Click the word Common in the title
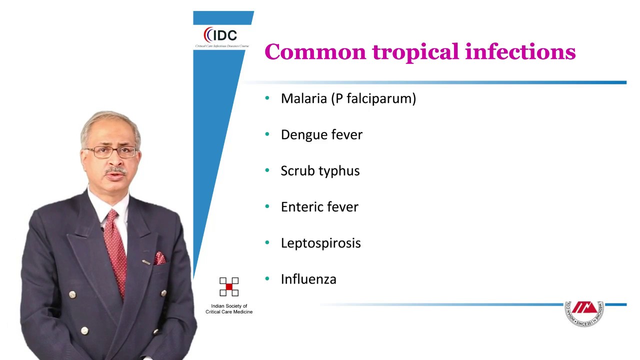[x=315, y=52]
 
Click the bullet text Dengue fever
[x=321, y=134]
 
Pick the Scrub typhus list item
[x=320, y=171]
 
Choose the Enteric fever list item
[x=319, y=207]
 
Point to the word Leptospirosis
[x=320, y=243]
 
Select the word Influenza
[x=308, y=279]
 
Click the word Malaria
[x=303, y=98]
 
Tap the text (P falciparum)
[x=373, y=98]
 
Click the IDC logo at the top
[x=220, y=35]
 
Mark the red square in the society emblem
[x=229, y=286]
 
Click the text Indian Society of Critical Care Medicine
[x=229, y=309]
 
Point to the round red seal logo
[x=584, y=313]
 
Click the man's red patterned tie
[x=115, y=245]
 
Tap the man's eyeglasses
[x=111, y=152]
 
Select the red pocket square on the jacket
[x=159, y=258]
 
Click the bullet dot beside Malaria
[x=267, y=98]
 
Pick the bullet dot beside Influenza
[x=267, y=279]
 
